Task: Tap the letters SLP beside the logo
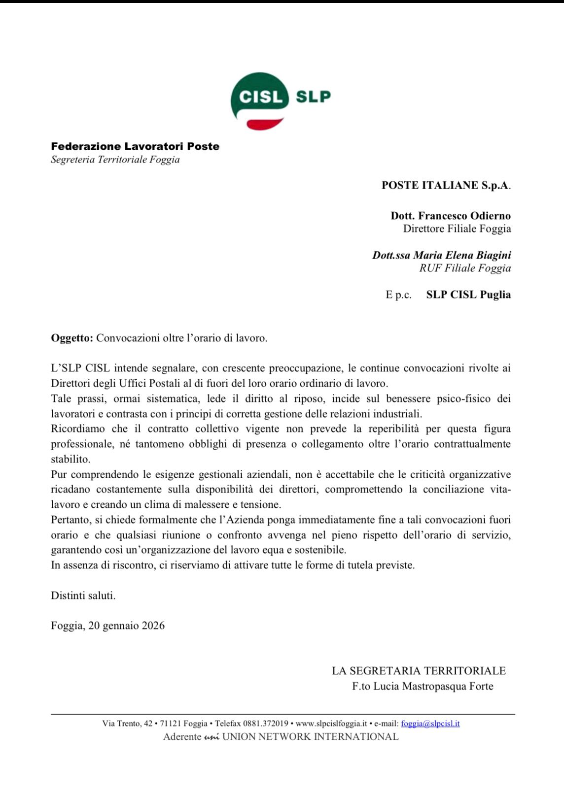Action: tap(313, 97)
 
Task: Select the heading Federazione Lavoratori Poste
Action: tap(135, 146)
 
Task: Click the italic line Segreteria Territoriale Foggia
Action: tap(115, 160)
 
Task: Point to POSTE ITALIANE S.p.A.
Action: tap(446, 186)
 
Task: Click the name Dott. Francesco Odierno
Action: tap(451, 216)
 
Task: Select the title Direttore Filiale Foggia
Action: tap(457, 229)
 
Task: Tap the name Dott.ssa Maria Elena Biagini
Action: tap(441, 255)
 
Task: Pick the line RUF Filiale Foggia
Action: tap(465, 268)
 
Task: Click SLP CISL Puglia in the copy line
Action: tap(468, 295)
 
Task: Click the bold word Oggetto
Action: tap(71, 338)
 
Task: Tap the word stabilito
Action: tap(70, 459)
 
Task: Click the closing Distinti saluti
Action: tap(83, 595)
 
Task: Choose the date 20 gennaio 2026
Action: tap(126, 626)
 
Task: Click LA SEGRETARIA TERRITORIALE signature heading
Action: tap(419, 671)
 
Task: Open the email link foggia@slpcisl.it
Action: tap(430, 724)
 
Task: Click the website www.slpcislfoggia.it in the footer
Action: tap(331, 724)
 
